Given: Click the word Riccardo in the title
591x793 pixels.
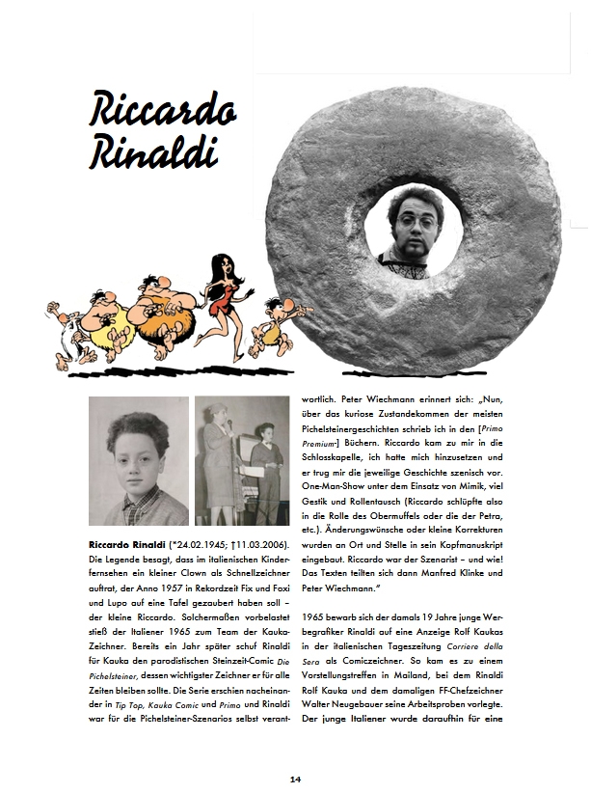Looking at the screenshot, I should [x=162, y=109].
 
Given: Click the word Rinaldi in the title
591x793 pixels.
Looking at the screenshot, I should [x=154, y=152].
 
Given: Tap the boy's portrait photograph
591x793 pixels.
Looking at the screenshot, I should [x=138, y=460].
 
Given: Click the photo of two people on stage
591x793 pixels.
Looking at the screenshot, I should [x=242, y=460].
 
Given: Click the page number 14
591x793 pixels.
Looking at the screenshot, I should [x=295, y=778].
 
